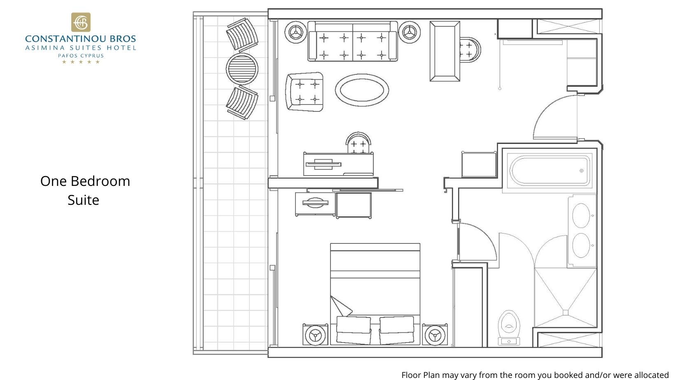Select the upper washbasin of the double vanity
[x=581, y=215]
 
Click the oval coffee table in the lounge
[x=362, y=90]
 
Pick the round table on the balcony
[x=242, y=69]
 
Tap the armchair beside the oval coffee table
[x=305, y=92]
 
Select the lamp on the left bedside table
[x=316, y=334]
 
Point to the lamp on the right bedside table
[x=435, y=334]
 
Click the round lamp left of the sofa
[x=295, y=32]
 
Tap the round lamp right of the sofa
[x=410, y=32]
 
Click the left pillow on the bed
[x=353, y=329]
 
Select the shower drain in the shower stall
[x=566, y=313]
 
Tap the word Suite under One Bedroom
[x=84, y=200]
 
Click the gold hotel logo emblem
[x=81, y=22]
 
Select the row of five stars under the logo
[x=81, y=62]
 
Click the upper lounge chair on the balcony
[x=242, y=35]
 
